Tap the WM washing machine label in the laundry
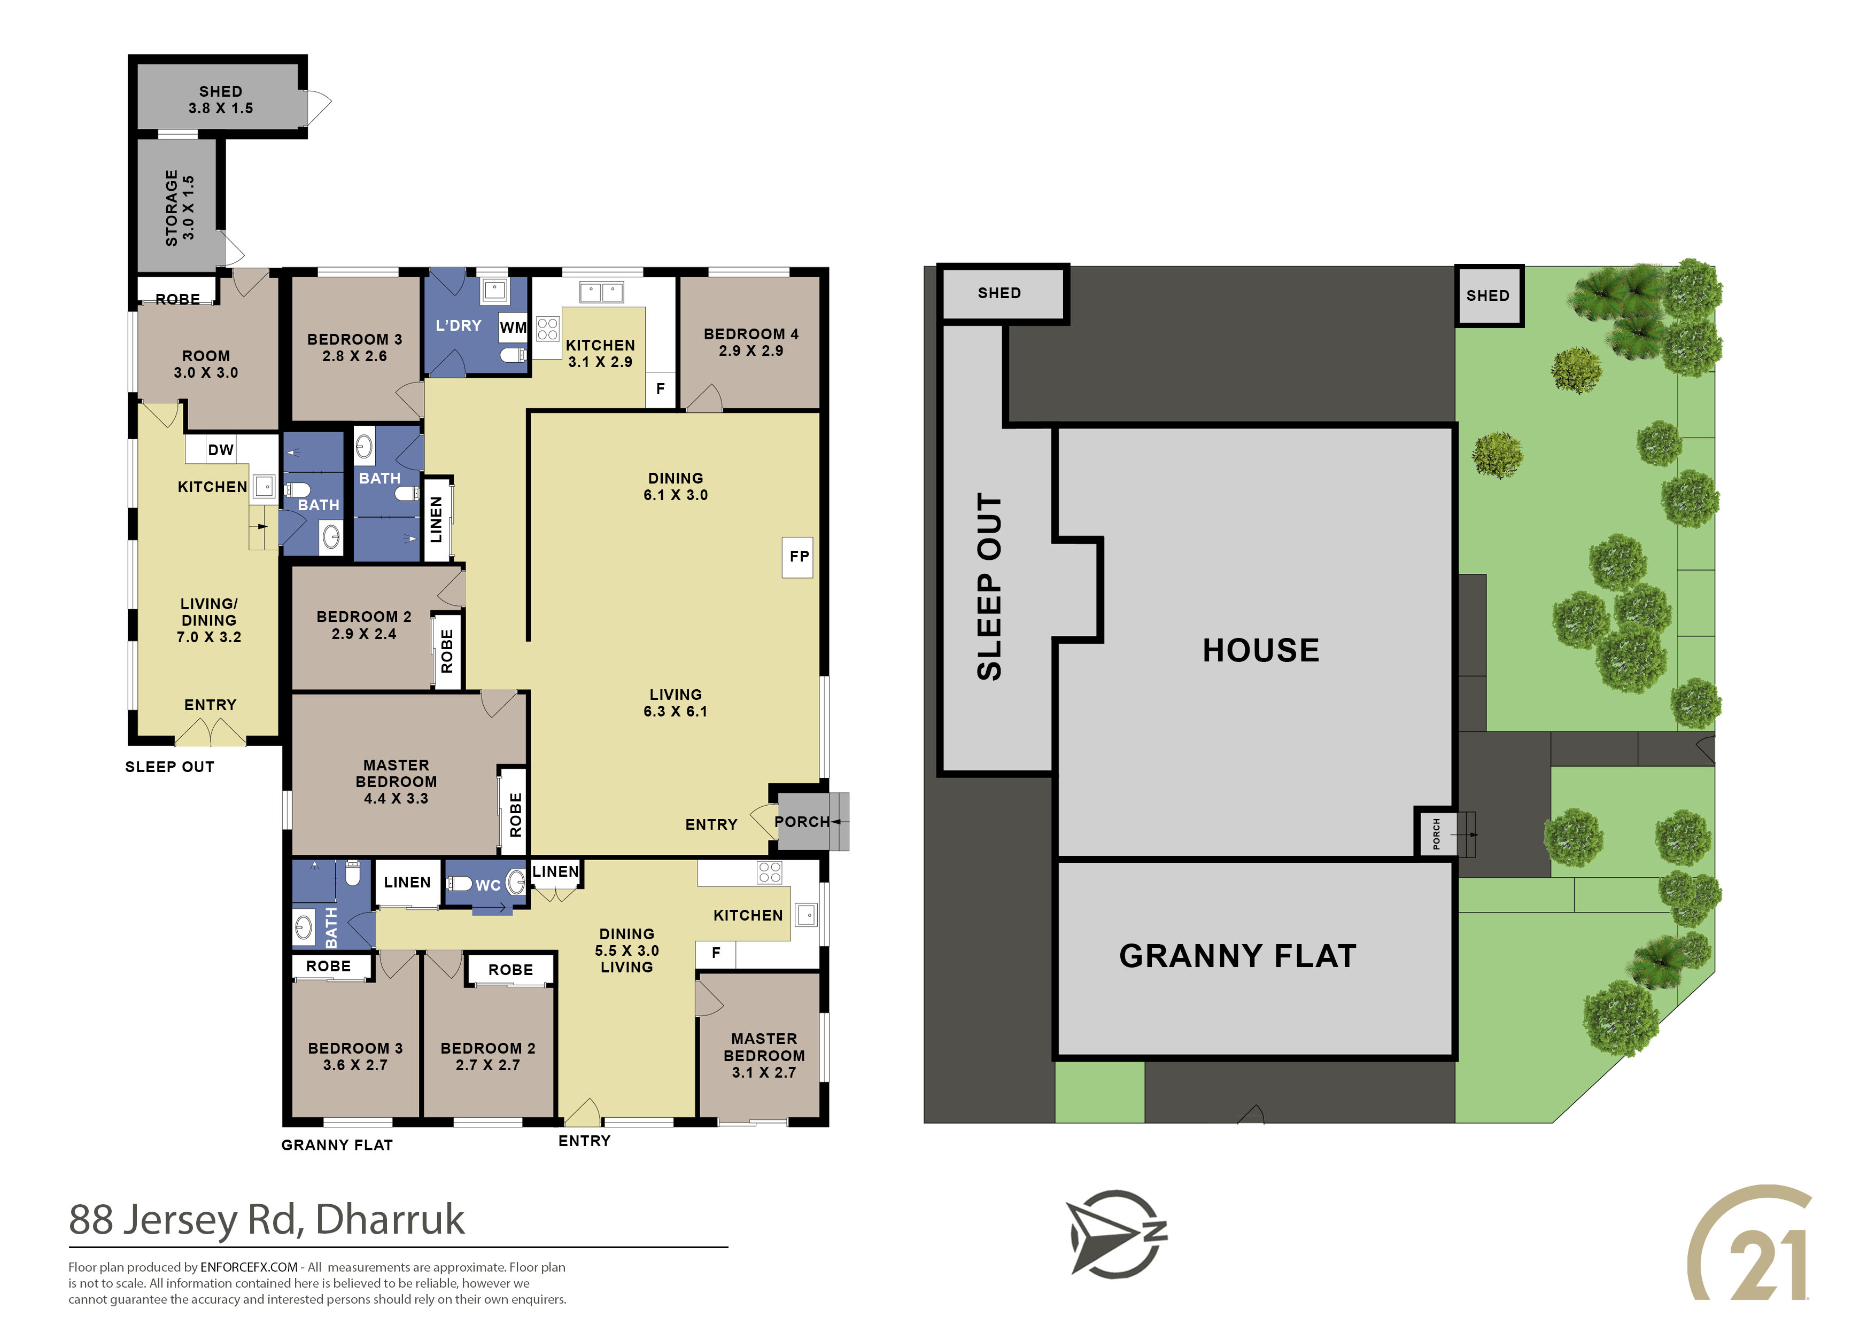tap(513, 328)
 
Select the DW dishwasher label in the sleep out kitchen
tap(221, 450)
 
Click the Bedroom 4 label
tap(750, 342)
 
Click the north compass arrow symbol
tap(1117, 1233)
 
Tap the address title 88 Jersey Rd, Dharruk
tap(266, 1220)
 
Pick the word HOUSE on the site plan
tap(1260, 651)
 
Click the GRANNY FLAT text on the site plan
tap(1237, 956)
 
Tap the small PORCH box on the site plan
tap(1436, 833)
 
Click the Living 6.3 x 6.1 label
tap(676, 703)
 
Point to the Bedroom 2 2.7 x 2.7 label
tap(487, 1056)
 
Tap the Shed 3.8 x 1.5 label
tap(221, 99)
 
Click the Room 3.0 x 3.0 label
tap(206, 364)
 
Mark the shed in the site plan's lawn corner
tap(1489, 295)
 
